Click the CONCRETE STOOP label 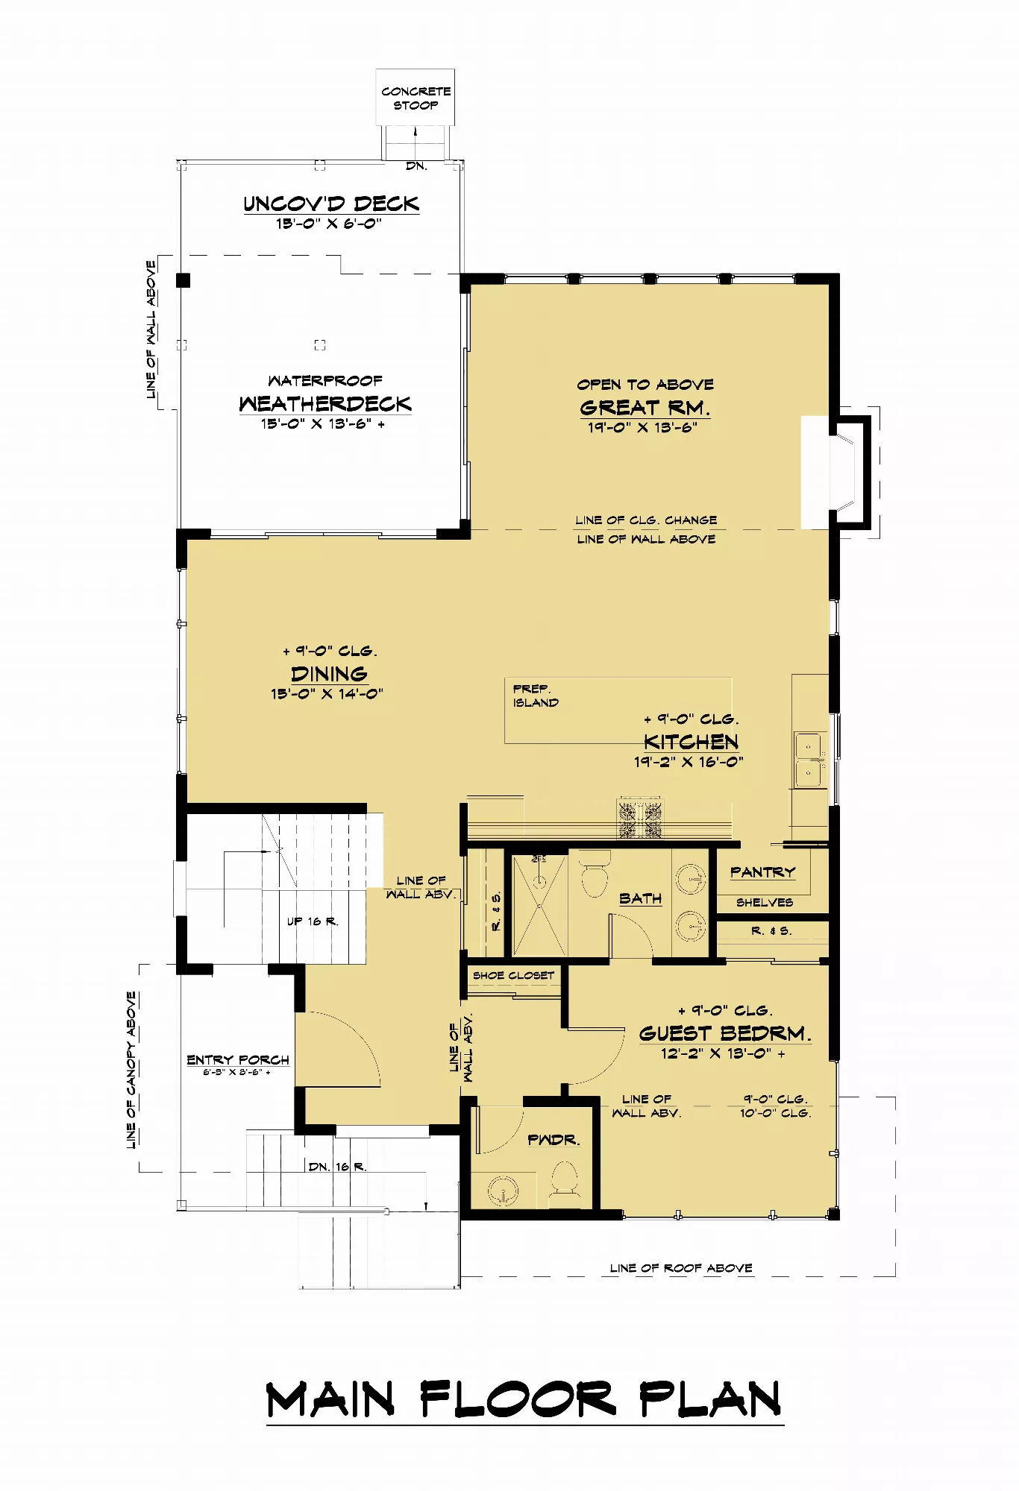click(416, 98)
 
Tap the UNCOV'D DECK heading click(331, 204)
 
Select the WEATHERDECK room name click(325, 403)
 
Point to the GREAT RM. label click(645, 408)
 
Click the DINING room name click(329, 674)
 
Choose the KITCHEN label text click(692, 741)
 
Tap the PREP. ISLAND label click(536, 696)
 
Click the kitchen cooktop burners click(639, 819)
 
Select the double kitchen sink click(809, 760)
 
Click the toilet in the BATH click(595, 874)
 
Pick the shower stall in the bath click(539, 904)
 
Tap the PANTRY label click(762, 871)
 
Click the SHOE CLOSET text click(513, 975)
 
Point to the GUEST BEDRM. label click(725, 1033)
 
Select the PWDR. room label click(554, 1140)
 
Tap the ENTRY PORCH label click(238, 1059)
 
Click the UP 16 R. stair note click(313, 921)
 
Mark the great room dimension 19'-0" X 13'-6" click(642, 427)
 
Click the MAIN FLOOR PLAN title click(524, 1399)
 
